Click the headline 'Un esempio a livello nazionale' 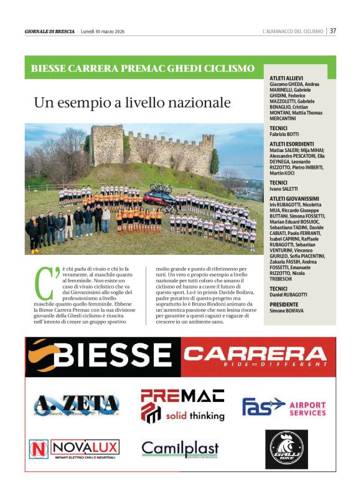click(x=132, y=102)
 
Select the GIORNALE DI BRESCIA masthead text click(x=50, y=31)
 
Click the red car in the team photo click(x=159, y=199)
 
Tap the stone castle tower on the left click(x=107, y=145)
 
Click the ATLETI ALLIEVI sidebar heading click(x=286, y=78)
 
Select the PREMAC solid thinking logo click(x=182, y=405)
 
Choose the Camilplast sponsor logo click(x=180, y=449)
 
